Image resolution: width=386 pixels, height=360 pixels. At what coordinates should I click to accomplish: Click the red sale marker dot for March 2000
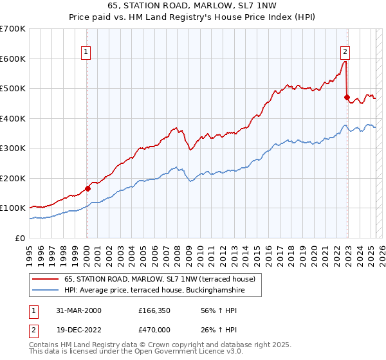tap(87, 188)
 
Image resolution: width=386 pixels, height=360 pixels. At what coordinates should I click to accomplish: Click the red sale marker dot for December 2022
tap(346, 98)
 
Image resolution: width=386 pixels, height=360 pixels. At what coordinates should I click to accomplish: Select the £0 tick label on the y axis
tap(21, 238)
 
